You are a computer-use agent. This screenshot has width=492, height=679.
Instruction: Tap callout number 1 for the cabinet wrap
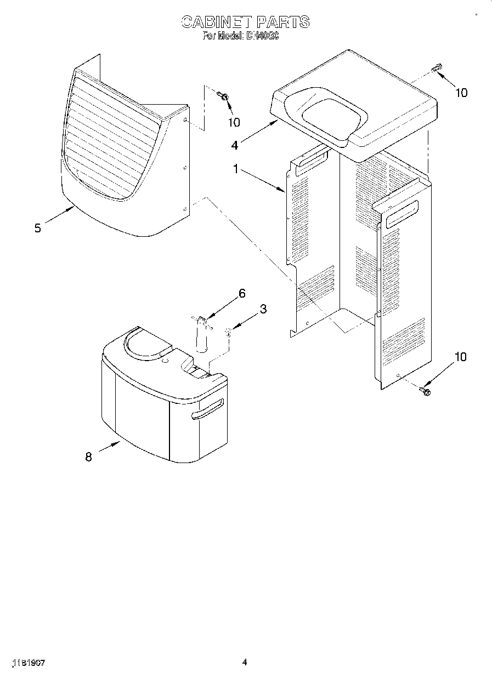coord(236,170)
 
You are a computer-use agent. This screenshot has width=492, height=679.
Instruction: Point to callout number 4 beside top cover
coord(235,145)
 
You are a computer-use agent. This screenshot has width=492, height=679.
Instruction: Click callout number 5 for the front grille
coord(37,229)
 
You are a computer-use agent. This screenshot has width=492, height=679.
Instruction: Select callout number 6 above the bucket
coord(241,294)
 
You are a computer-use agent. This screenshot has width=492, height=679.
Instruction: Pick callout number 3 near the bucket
coord(263,309)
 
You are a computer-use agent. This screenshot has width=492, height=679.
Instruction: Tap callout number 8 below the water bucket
coord(88,457)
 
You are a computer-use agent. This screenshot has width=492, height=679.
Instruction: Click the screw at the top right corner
coord(437,69)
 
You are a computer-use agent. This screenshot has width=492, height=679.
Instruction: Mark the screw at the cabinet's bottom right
coord(425,390)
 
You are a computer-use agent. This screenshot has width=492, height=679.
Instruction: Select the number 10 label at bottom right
coord(460,357)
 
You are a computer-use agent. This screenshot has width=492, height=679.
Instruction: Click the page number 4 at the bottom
coord(245,663)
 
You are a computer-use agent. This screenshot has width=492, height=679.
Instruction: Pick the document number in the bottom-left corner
coord(27,663)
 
